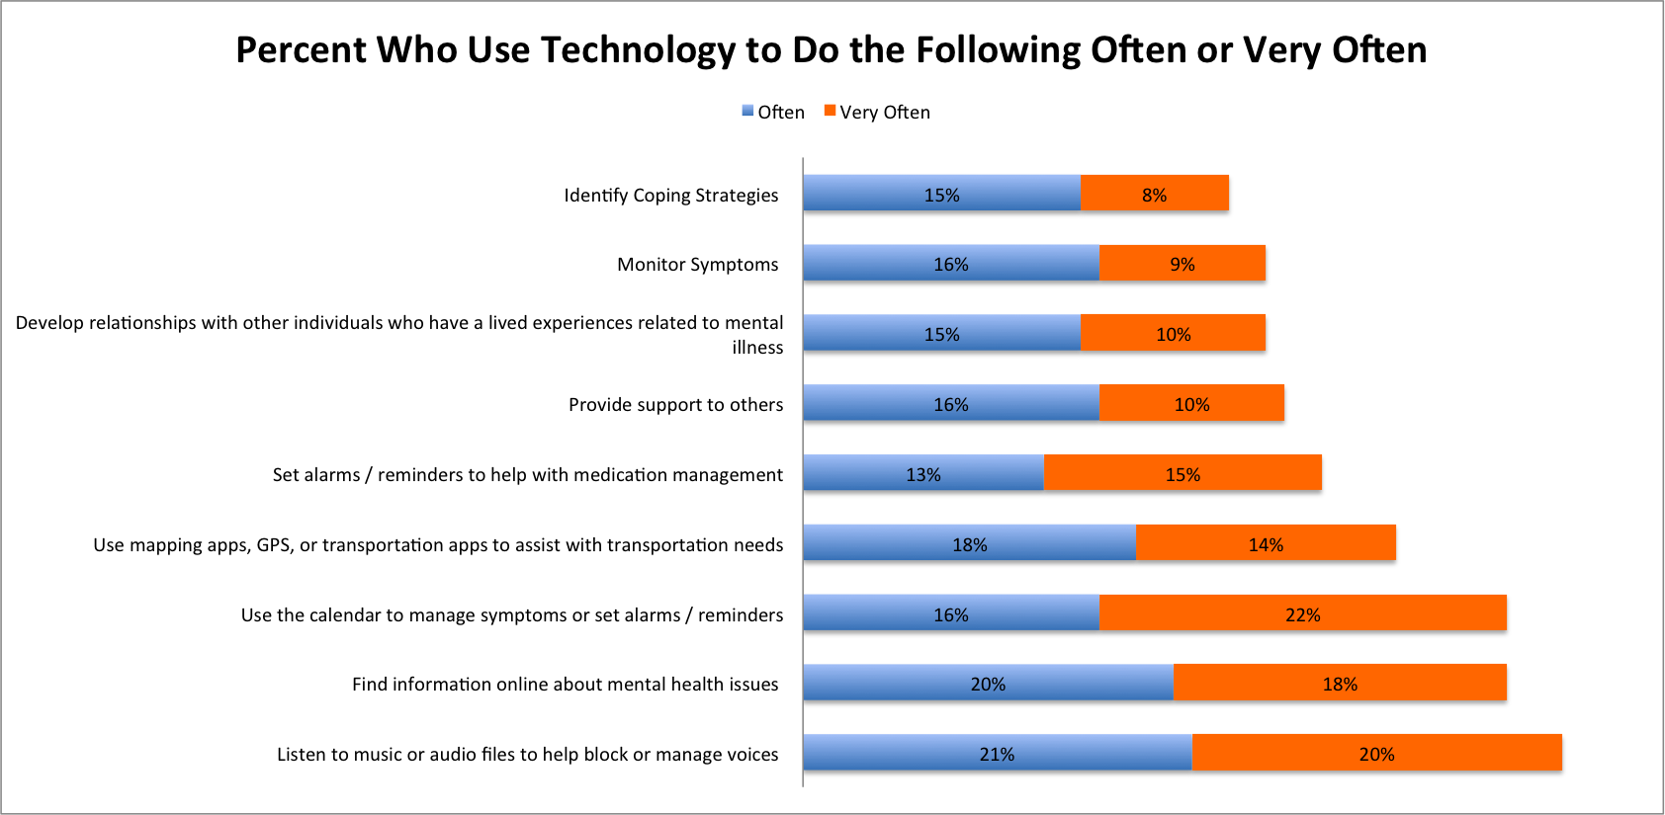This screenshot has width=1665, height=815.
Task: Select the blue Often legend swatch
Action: click(748, 111)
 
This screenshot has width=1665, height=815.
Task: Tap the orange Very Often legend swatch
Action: click(831, 111)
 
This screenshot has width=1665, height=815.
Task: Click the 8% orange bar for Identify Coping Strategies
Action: click(1154, 194)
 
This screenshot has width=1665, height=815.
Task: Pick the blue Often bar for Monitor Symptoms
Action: click(950, 263)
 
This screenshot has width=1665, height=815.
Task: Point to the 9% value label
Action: click(1183, 265)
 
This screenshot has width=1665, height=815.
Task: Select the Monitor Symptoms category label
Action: click(697, 265)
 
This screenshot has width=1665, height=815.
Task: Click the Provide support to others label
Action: click(675, 405)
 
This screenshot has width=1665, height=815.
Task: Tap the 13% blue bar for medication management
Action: click(922, 473)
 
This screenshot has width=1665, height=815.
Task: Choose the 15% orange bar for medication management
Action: click(1183, 473)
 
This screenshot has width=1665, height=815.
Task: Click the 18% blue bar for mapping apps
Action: click(969, 543)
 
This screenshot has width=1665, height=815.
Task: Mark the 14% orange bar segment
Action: click(1266, 543)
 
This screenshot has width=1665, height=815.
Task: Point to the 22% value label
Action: click(1302, 615)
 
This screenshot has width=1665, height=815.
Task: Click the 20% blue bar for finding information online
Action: click(987, 683)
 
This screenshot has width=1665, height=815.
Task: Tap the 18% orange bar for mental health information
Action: click(1340, 683)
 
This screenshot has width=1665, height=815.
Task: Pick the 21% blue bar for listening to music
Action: click(997, 753)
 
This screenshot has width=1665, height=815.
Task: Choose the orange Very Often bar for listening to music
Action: click(1376, 753)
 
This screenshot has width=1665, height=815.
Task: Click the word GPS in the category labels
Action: click(273, 545)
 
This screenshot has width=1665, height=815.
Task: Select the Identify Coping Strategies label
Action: click(670, 196)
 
